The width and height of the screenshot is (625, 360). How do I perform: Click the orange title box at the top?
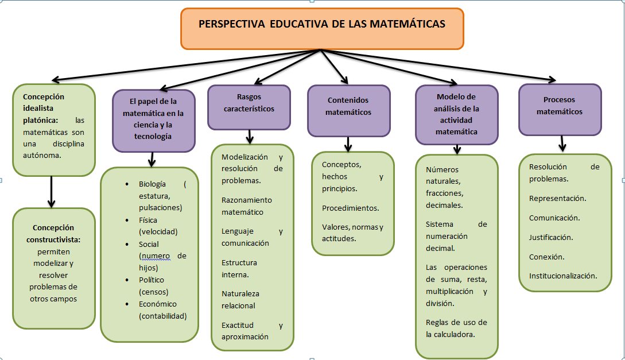click(322, 29)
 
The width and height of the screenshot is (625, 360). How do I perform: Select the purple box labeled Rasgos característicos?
click(249, 107)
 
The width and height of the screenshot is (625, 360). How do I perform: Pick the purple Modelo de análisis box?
click(457, 114)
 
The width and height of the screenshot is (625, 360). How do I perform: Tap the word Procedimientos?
click(350, 208)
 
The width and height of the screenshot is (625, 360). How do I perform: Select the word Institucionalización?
click(562, 276)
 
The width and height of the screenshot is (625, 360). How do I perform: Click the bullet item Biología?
click(152, 184)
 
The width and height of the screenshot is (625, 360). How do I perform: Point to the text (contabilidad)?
click(163, 316)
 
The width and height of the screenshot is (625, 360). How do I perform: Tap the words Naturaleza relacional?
click(240, 299)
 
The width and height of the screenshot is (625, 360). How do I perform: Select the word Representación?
click(557, 198)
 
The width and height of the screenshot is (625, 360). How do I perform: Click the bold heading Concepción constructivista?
click(53, 233)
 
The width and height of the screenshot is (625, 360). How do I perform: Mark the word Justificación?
click(551, 237)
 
